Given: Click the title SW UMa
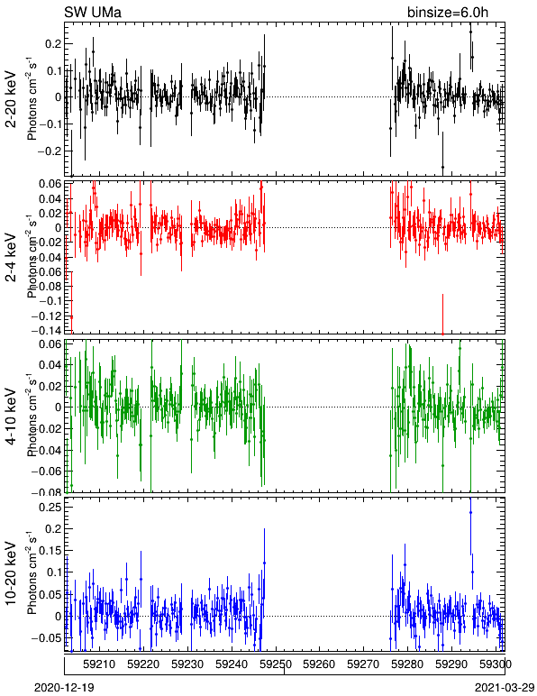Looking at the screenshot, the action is click(x=93, y=12).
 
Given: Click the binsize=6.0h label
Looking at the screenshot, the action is click(x=448, y=12).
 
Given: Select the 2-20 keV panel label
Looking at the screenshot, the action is click(x=11, y=99).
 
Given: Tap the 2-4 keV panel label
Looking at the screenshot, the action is click(x=11, y=258).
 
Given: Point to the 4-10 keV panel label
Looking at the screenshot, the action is click(x=11, y=417).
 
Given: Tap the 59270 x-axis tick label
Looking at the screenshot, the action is click(x=364, y=664).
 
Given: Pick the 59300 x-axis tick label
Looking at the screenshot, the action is click(x=496, y=664).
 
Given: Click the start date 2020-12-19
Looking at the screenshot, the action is click(x=65, y=688).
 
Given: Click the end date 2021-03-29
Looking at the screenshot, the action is click(x=505, y=688).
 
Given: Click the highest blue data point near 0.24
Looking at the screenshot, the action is click(x=470, y=513).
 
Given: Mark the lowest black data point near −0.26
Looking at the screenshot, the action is click(x=442, y=168).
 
